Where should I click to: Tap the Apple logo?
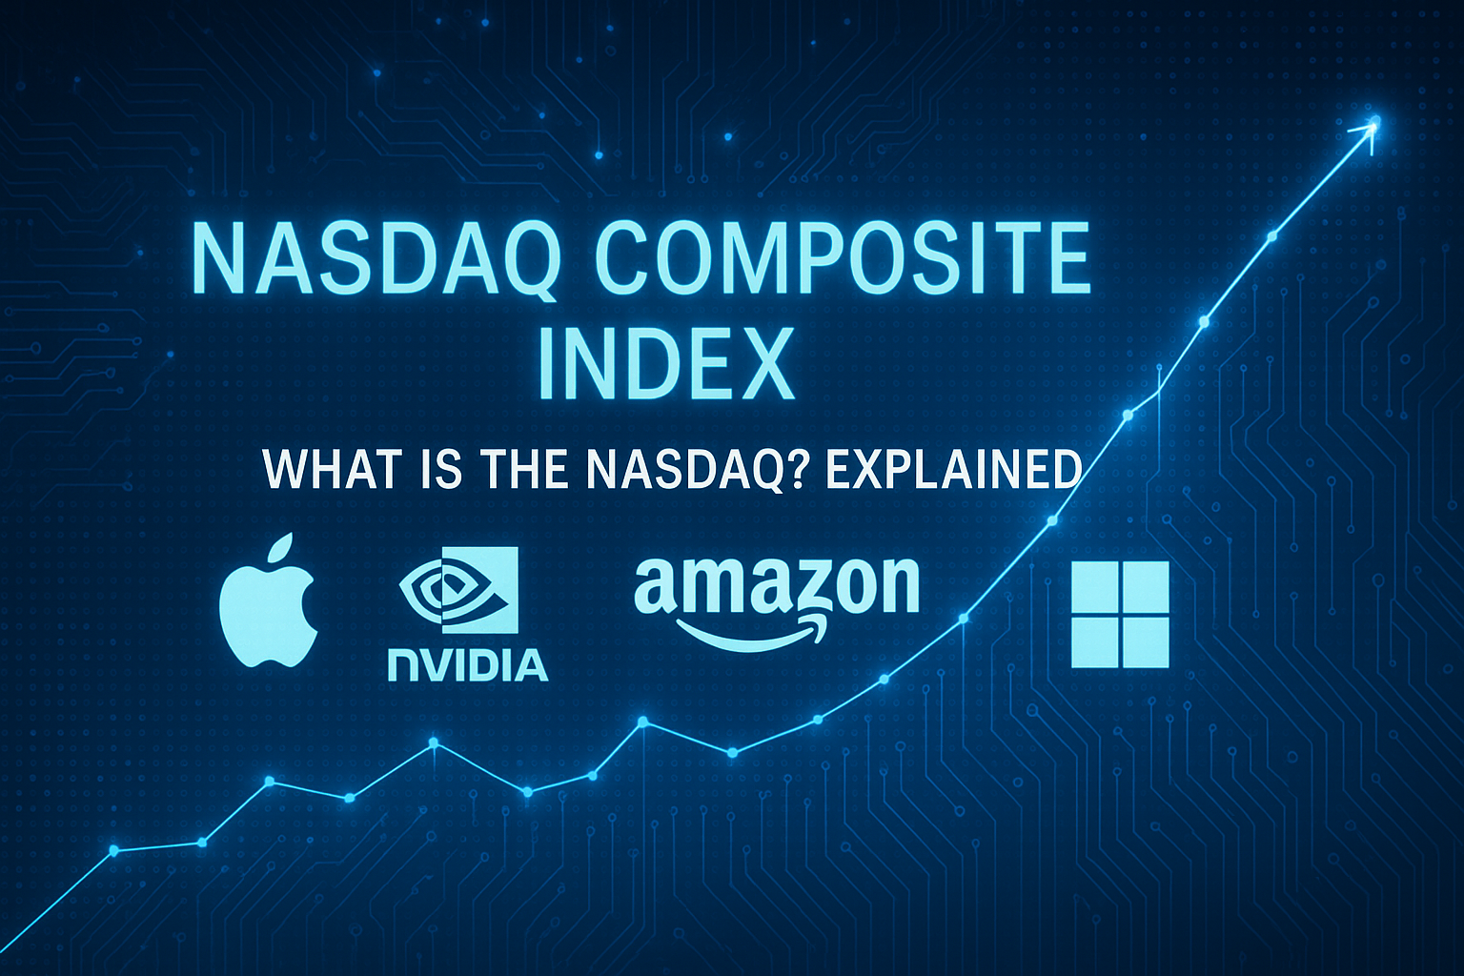click(269, 600)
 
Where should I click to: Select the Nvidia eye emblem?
click(458, 590)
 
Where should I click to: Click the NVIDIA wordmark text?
click(467, 665)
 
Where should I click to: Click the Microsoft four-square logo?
click(1120, 614)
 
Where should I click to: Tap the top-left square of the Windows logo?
click(1095, 586)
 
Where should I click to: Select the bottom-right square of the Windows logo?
click(1146, 642)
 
